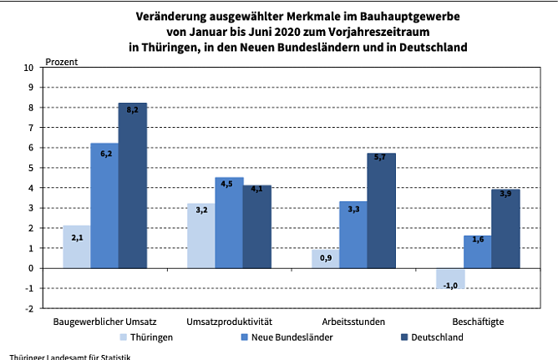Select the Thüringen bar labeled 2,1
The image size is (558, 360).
tap(76, 247)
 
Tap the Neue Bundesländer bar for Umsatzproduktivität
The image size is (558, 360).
tap(229, 223)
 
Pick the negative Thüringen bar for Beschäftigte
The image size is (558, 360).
tap(450, 279)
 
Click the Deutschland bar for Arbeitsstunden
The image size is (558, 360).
tap(381, 210)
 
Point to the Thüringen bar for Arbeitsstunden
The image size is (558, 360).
tap(326, 259)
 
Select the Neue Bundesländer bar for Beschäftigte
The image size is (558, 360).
tap(478, 252)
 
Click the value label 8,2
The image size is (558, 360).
tap(133, 109)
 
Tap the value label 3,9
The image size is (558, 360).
tap(505, 194)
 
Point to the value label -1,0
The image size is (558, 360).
tap(450, 285)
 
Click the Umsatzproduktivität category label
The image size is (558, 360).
tap(230, 322)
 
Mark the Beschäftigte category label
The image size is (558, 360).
tap(478, 322)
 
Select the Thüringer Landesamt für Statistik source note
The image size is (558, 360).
tap(66, 356)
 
